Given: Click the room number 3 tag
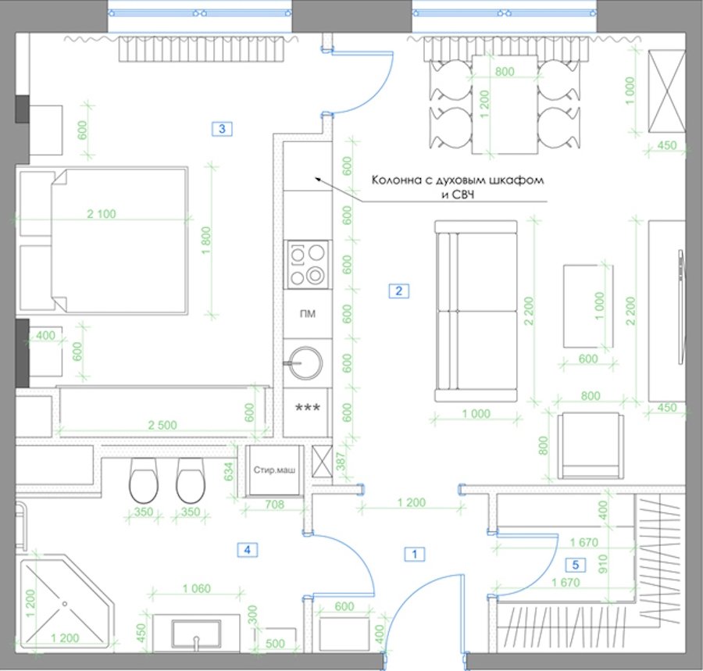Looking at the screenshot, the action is click(222, 129).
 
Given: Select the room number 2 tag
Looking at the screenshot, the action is click(398, 291).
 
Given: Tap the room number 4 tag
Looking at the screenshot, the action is click(247, 549).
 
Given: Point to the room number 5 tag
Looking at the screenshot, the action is click(576, 565).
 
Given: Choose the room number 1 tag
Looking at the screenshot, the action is click(414, 554).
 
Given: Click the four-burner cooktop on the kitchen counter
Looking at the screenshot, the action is click(308, 265).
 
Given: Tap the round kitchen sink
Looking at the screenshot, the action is click(305, 363).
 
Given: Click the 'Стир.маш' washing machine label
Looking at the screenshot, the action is click(274, 470).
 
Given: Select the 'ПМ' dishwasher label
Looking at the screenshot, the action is click(308, 314).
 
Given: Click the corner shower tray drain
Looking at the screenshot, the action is click(65, 604).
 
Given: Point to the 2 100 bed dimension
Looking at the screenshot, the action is click(102, 214).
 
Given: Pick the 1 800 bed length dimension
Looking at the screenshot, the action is click(206, 241).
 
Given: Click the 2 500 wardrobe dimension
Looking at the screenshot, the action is click(162, 425).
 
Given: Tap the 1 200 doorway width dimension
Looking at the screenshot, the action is click(411, 502).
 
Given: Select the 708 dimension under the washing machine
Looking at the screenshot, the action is click(274, 505).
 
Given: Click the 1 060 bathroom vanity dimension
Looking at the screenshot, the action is click(196, 588).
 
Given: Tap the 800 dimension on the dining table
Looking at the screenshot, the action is click(505, 71).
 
